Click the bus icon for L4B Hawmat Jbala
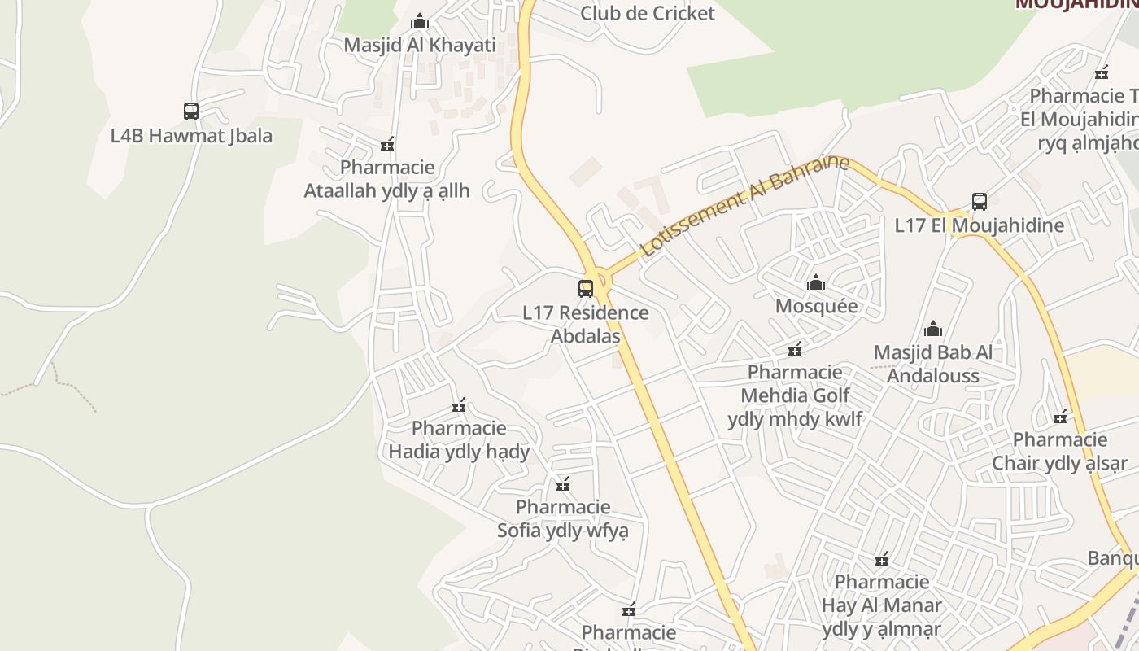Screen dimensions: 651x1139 click(191, 111)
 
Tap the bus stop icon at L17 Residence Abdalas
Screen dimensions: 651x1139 click(586, 288)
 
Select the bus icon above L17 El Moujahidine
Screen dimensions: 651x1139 click(980, 202)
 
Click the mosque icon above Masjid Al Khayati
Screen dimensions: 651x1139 click(420, 21)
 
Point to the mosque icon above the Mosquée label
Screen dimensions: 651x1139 click(816, 283)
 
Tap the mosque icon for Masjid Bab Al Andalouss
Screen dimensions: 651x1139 click(933, 330)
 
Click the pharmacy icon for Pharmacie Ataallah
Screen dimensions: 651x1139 click(387, 145)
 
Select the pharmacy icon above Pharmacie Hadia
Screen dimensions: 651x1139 click(459, 405)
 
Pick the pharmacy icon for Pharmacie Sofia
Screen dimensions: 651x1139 click(563, 485)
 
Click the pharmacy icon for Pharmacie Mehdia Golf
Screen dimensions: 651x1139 click(795, 349)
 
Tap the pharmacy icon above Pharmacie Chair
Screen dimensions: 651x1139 click(1060, 417)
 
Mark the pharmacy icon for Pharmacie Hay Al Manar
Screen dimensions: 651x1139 click(882, 559)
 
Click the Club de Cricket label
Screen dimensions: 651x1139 click(648, 13)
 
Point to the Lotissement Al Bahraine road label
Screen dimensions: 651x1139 click(744, 207)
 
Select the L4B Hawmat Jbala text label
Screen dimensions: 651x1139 click(191, 136)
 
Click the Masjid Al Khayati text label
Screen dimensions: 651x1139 click(420, 45)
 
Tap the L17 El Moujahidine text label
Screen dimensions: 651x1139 click(980, 225)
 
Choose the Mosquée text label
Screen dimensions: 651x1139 click(816, 306)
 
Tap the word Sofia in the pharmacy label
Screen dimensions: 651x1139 click(519, 531)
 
